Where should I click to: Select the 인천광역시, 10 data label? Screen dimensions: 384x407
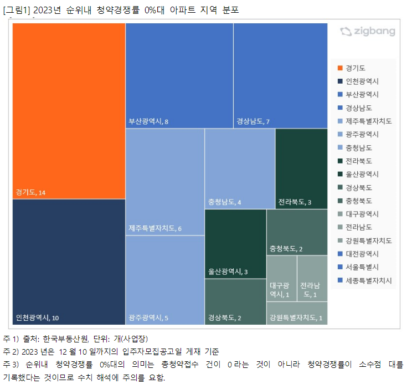[x=37, y=318]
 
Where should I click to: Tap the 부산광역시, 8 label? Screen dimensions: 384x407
[x=148, y=121]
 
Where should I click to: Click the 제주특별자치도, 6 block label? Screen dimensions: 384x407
[x=154, y=229]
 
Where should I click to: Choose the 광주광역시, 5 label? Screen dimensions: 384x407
[x=148, y=318]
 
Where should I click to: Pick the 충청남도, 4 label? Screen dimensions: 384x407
[x=224, y=202]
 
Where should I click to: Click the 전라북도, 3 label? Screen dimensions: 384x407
[x=295, y=202]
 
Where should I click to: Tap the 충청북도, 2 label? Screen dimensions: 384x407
[x=286, y=248]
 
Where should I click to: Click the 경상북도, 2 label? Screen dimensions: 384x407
[x=224, y=318]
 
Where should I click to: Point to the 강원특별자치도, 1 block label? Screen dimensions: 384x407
[x=296, y=318]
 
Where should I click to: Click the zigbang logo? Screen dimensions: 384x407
[x=368, y=32]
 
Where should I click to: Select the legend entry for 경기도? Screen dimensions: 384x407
[x=355, y=68]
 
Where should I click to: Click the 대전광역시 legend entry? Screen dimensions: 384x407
[x=362, y=254]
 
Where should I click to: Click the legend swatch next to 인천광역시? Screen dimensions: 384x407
[x=339, y=81]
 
